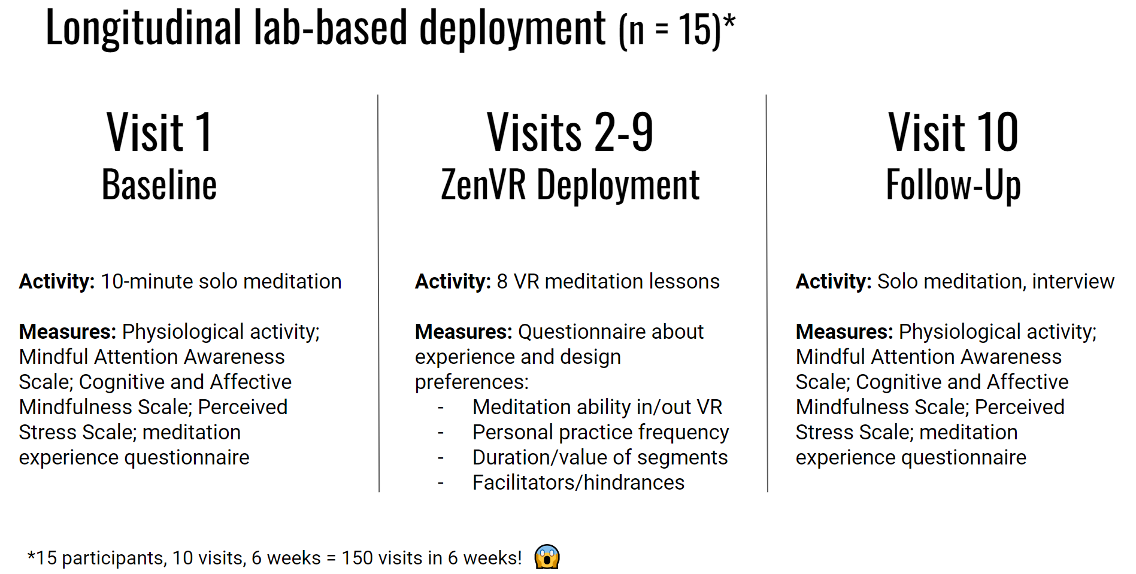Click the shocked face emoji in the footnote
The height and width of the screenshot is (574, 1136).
547,557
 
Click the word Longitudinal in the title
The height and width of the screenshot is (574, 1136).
144,28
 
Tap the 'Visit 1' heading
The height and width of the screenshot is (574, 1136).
159,132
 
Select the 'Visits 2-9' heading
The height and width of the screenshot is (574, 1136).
570,132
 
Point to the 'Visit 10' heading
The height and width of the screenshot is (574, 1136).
953,132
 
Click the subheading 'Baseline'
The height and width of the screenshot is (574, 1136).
159,185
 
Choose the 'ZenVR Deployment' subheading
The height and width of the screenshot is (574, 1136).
570,186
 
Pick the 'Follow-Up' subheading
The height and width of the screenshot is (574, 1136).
953,186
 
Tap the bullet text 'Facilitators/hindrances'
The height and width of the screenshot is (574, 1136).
578,482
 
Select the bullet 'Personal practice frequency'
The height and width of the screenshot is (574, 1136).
601,432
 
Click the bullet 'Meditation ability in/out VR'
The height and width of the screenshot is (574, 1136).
598,407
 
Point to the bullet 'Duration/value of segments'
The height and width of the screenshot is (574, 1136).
600,457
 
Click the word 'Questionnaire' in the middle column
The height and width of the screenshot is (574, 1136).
611,332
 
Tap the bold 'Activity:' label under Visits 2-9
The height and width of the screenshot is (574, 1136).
453,281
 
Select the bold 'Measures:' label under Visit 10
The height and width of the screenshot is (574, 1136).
844,332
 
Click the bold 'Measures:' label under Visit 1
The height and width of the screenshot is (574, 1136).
68,332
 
